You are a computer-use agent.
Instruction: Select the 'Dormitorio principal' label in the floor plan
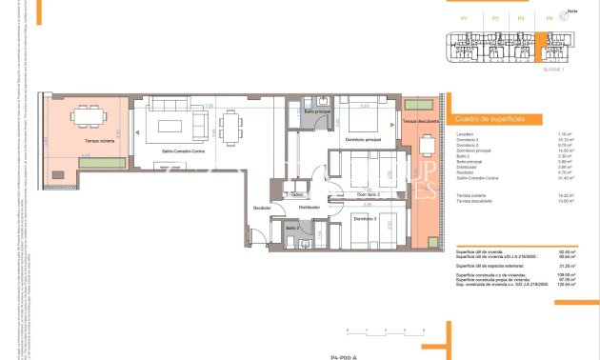point(362,140)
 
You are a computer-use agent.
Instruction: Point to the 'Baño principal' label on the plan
point(317,111)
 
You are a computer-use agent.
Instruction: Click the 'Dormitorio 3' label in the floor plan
point(365,218)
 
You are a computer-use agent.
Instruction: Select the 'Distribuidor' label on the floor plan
point(309,206)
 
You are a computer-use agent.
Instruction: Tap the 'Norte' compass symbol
point(571,14)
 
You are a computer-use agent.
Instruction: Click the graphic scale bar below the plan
point(385,333)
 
